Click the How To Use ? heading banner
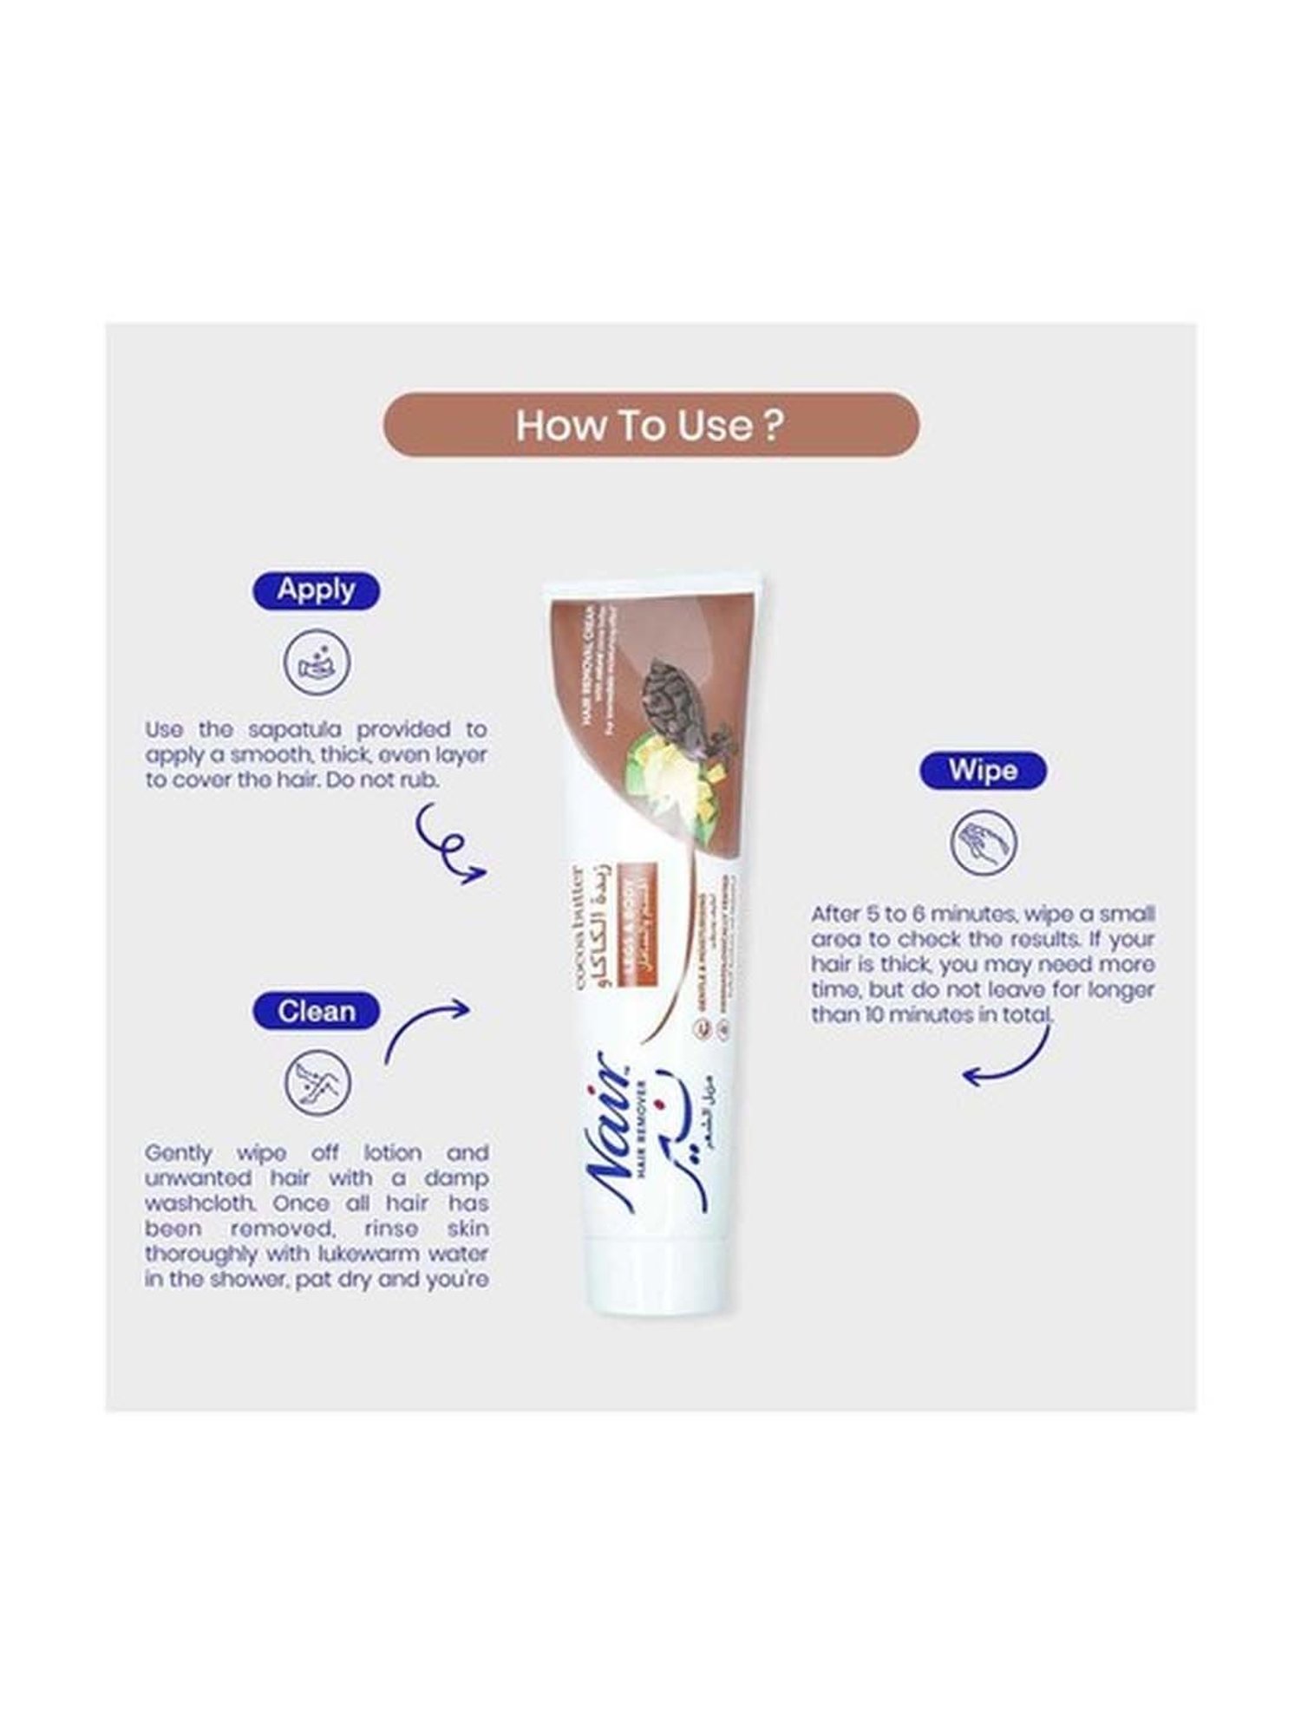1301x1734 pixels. click(650, 425)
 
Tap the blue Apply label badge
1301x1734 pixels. click(316, 590)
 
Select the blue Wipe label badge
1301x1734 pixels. click(983, 770)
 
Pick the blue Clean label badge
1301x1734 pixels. click(316, 1011)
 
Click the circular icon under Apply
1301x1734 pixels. click(317, 662)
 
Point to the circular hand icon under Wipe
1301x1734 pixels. click(983, 842)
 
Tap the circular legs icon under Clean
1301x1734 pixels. click(317, 1082)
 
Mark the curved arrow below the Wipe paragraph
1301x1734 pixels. click(1010, 1062)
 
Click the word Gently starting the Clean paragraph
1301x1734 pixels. click(178, 1153)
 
